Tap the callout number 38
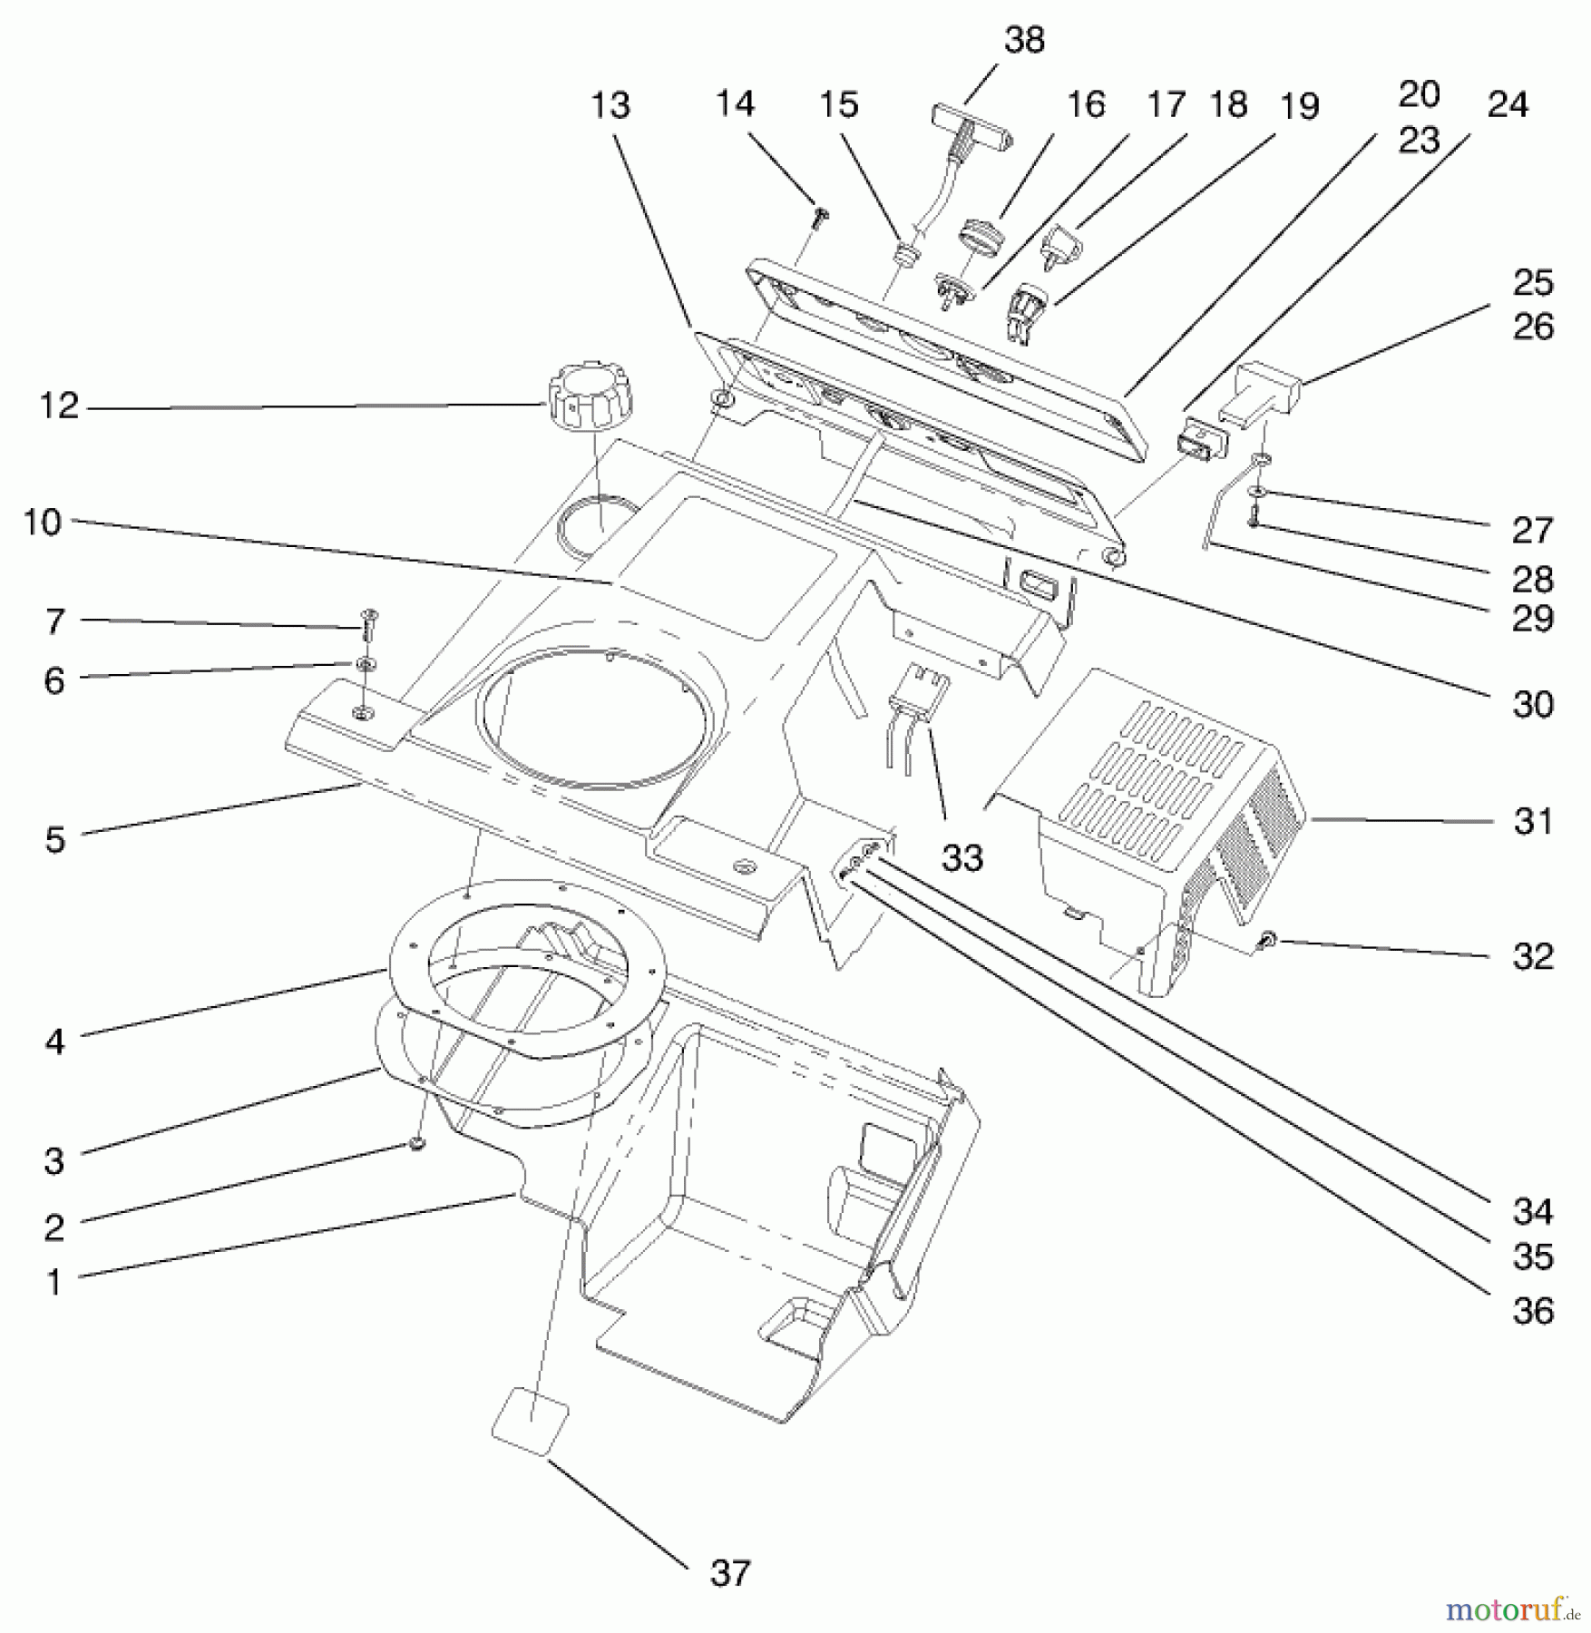[1024, 40]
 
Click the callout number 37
[730, 1573]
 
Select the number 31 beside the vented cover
[1532, 822]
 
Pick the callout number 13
[610, 105]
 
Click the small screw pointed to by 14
[822, 217]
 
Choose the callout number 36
[1532, 1310]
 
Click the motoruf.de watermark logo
[1514, 1610]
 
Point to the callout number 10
[42, 523]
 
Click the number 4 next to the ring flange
[54, 1041]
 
